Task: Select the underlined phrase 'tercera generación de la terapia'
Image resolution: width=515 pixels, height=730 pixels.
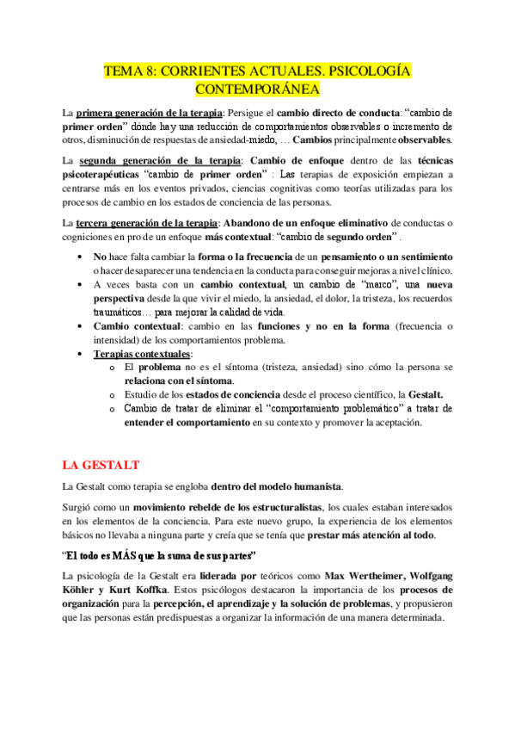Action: click(x=147, y=223)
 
